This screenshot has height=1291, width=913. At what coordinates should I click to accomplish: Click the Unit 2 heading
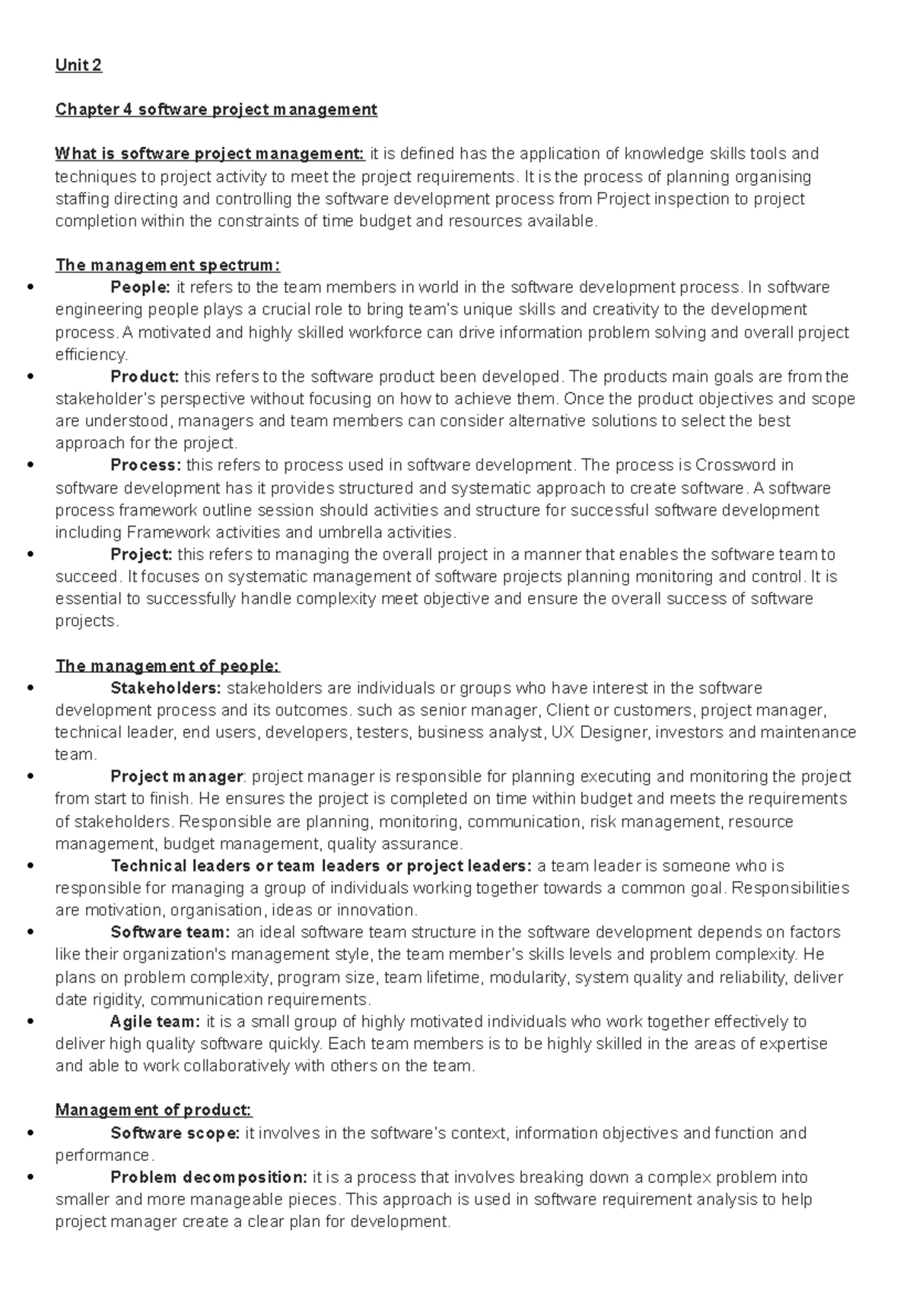[78, 65]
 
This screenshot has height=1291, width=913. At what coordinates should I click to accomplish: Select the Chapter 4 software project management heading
[216, 109]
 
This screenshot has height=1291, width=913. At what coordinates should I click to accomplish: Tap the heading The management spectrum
[168, 265]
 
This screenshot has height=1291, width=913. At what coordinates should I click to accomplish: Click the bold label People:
[141, 287]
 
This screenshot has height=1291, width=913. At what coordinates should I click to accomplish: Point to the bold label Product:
[145, 376]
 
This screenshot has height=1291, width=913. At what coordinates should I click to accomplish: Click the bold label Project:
[142, 554]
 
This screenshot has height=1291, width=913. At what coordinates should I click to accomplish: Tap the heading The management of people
[168, 666]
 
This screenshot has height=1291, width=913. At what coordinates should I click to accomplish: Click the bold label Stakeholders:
[166, 688]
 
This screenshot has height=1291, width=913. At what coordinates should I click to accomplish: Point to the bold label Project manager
[177, 777]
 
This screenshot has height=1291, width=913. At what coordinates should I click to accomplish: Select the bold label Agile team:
[155, 1022]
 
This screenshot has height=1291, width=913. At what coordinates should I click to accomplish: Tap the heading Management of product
[154, 1111]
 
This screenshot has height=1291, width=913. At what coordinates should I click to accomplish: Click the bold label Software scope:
[175, 1133]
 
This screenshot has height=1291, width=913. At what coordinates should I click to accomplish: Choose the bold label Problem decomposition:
[208, 1178]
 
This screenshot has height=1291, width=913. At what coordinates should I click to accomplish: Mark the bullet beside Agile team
[30, 1022]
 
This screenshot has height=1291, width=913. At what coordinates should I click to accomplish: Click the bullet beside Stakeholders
[30, 688]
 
